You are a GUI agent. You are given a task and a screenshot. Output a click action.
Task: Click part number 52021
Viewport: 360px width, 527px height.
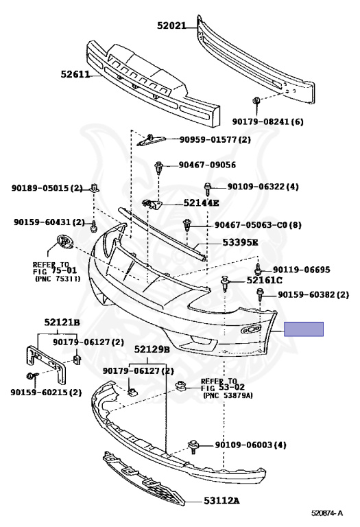(171, 25)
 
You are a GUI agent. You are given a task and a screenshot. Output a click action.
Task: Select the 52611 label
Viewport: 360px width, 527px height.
(75, 74)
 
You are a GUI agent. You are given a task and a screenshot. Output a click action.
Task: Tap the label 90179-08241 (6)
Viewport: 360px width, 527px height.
(267, 121)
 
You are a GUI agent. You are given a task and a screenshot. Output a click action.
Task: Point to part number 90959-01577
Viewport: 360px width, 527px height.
(208, 139)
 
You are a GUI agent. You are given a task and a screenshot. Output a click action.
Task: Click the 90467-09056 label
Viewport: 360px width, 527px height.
(207, 165)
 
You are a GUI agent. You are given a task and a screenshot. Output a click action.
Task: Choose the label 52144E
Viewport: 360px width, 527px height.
(201, 203)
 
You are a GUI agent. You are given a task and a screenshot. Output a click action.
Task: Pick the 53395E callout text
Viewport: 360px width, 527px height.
(240, 242)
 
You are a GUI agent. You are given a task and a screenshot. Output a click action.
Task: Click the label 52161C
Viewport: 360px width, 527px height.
(264, 280)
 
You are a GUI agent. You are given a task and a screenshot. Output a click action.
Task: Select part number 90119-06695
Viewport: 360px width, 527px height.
(301, 270)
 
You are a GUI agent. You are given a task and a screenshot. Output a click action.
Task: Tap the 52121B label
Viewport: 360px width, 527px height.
(62, 323)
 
